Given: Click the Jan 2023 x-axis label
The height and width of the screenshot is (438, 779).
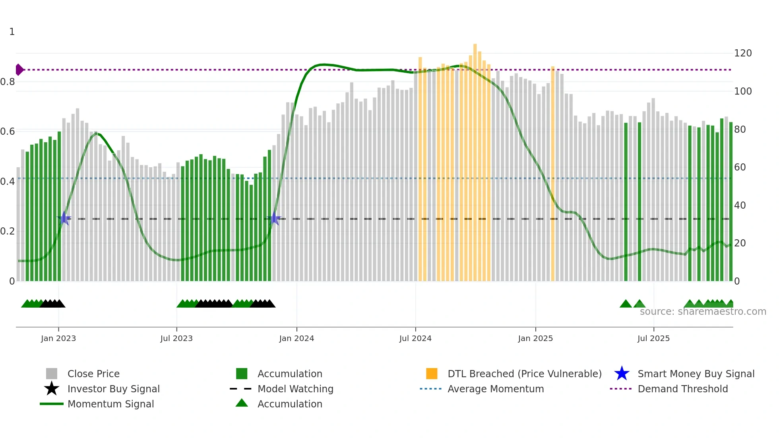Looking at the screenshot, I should tap(58, 338).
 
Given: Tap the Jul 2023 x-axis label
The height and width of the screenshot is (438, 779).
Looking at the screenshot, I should tap(176, 338).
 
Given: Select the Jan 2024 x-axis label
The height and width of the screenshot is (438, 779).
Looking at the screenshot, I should tap(296, 338).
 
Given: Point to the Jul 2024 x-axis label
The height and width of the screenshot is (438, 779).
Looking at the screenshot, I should tap(415, 338).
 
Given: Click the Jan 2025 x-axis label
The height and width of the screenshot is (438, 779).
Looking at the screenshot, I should tap(535, 338).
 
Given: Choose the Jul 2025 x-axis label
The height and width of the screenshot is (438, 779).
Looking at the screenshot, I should tap(653, 338).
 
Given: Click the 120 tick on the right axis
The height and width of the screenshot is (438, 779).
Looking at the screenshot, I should tap(743, 53).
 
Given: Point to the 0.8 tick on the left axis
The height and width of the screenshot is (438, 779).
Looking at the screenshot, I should tap(8, 82).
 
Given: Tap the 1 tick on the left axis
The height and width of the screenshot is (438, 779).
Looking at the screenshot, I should tap(12, 32).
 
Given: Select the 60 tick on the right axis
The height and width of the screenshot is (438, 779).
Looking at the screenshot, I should tap(740, 167).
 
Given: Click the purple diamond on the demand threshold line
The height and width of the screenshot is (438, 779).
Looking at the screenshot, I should tap(19, 70).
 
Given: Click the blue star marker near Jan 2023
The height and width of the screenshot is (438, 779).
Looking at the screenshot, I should tap(64, 218).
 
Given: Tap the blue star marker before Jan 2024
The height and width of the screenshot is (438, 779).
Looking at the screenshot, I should tap(274, 219).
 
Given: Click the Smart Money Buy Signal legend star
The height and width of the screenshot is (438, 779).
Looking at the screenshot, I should tap(622, 374).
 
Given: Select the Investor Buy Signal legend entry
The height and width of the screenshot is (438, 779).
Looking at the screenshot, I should tap(113, 389).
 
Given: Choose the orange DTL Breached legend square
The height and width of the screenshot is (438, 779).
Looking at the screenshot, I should tap(432, 374).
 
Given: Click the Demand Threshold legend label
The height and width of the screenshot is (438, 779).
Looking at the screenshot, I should tap(682, 389).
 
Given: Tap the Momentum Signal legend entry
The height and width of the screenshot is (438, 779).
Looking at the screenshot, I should tap(110, 404).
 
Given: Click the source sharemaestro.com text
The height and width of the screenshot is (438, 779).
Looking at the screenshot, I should tap(703, 312).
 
